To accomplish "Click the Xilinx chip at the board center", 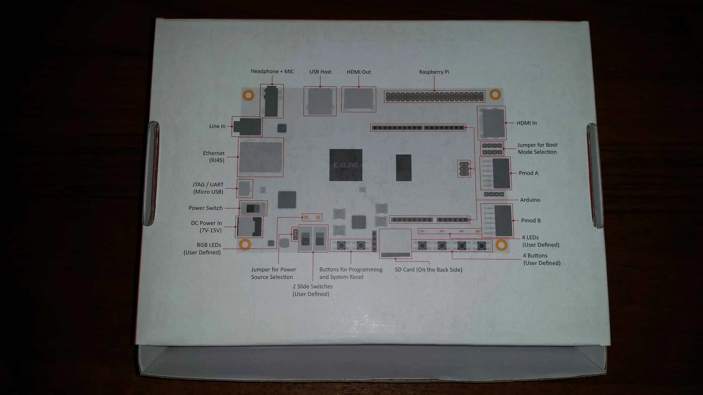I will pos(345,165).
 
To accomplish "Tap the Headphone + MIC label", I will pos(272,71).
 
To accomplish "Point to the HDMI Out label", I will pos(359,72).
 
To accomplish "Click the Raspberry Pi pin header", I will pos(434,97).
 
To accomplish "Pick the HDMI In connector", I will pos(492,123).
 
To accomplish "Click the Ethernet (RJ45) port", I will pos(260,157).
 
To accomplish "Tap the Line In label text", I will pos(217,126).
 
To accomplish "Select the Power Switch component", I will pos(253,208).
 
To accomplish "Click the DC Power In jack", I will pos(249,227).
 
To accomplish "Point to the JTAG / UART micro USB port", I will pos(245,188).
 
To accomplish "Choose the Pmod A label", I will pos(528,173).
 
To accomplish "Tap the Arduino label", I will pos(530,200).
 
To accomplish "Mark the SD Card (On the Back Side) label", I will pos(429,270).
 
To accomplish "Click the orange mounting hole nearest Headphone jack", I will pos(248,95).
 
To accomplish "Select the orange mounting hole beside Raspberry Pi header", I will pos(495,95).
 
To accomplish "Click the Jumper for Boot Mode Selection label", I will pos(537,149).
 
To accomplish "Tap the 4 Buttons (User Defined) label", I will pos(542,259).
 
